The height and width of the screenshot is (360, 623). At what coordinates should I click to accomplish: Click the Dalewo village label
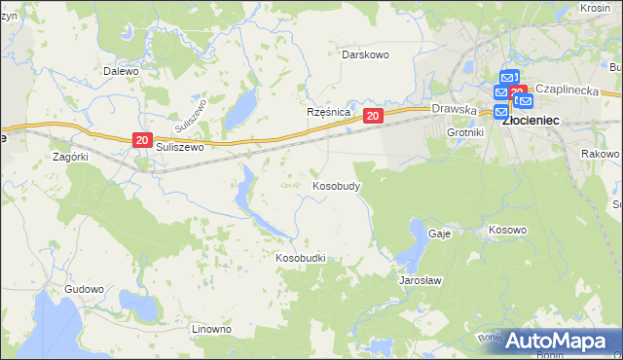pyautogui.click(x=121, y=71)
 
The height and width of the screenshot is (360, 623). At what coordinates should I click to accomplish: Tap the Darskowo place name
pyautogui.click(x=365, y=54)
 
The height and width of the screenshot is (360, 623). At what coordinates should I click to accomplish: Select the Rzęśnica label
pyautogui.click(x=328, y=112)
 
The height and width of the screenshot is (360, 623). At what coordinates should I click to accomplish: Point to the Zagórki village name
pyautogui.click(x=70, y=156)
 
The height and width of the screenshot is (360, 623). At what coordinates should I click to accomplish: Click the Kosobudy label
pyautogui.click(x=337, y=185)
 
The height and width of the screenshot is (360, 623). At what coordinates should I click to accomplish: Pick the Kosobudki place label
pyautogui.click(x=300, y=258)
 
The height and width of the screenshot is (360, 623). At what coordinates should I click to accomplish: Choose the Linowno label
pyautogui.click(x=211, y=329)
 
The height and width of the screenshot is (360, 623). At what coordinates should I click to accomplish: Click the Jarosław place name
pyautogui.click(x=421, y=280)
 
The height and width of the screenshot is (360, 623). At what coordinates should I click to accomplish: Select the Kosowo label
pyautogui.click(x=507, y=231)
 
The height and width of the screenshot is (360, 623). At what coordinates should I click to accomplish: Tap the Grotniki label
pyautogui.click(x=464, y=132)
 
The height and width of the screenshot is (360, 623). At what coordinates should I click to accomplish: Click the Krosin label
pyautogui.click(x=595, y=7)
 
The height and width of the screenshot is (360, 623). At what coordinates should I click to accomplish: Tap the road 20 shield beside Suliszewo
pyautogui.click(x=141, y=141)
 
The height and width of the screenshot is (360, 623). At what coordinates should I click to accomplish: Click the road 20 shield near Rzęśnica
pyautogui.click(x=373, y=116)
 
